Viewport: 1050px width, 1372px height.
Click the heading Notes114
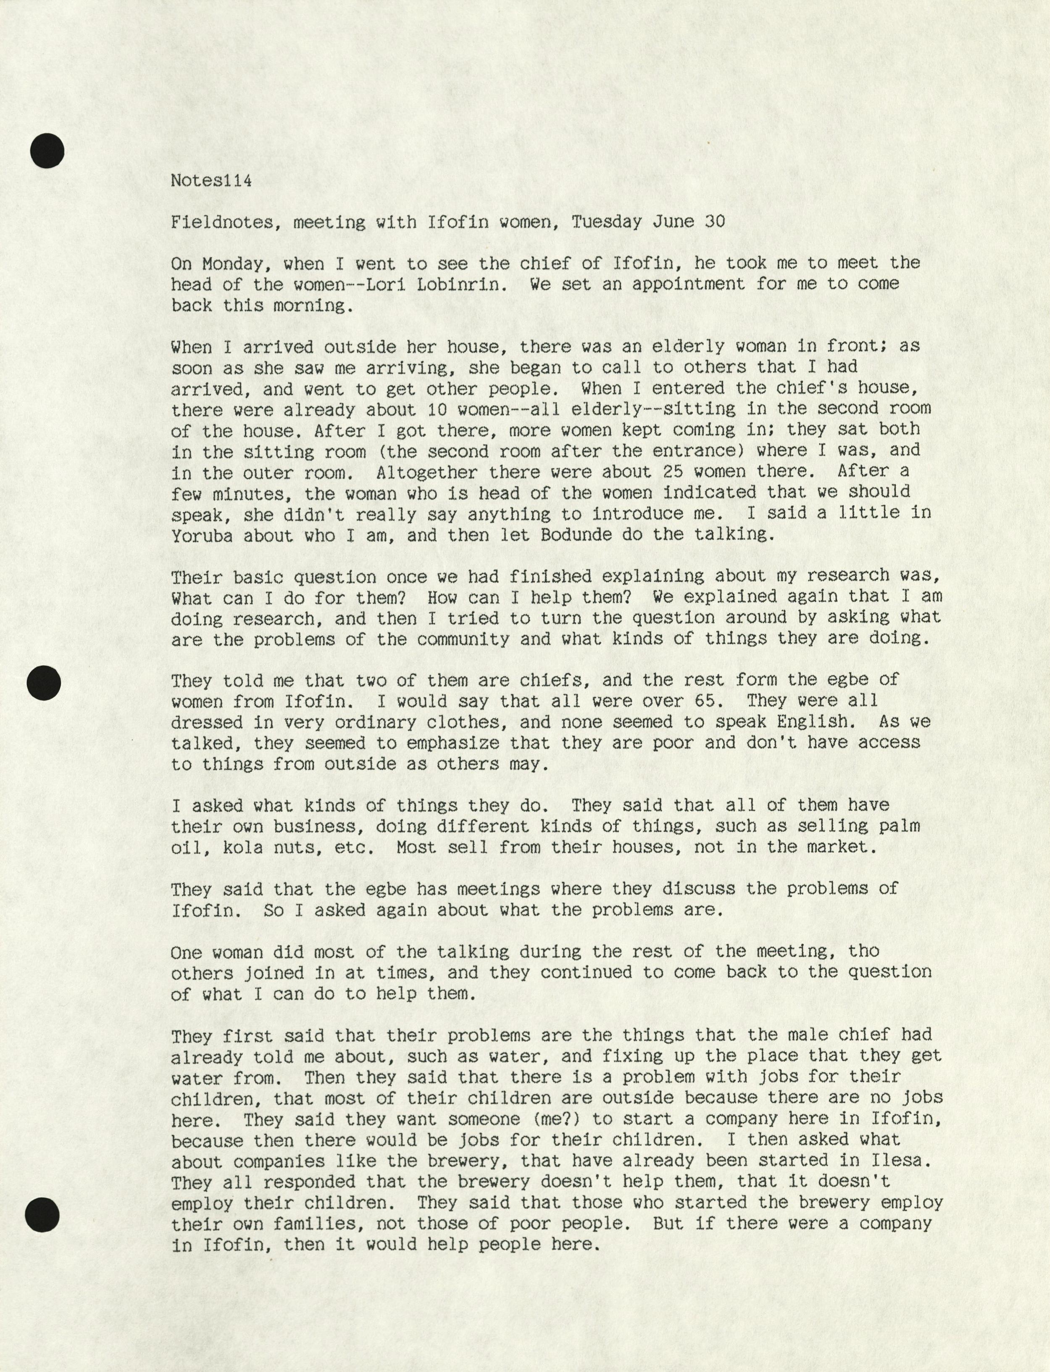tap(211, 181)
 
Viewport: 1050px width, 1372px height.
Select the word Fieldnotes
tap(222, 222)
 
